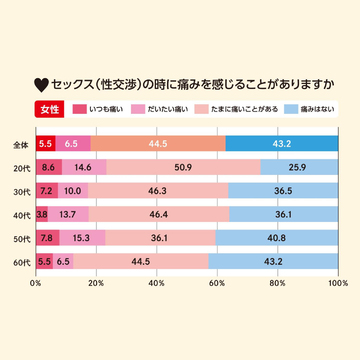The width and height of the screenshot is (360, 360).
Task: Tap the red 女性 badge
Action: [x=49, y=109]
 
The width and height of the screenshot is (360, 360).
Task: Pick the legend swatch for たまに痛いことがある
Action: [x=203, y=107]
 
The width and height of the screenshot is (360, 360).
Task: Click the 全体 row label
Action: [x=20, y=144]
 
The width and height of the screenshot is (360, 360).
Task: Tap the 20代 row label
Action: [x=20, y=167]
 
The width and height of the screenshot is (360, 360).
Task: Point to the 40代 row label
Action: [x=20, y=214]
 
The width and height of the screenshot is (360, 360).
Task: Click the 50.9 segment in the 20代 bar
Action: [x=183, y=167]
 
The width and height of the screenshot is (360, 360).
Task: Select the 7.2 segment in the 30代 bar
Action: [x=46, y=190]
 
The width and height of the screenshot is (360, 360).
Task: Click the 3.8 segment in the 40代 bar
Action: [x=41, y=214]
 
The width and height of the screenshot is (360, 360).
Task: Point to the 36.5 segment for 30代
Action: [x=283, y=190]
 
